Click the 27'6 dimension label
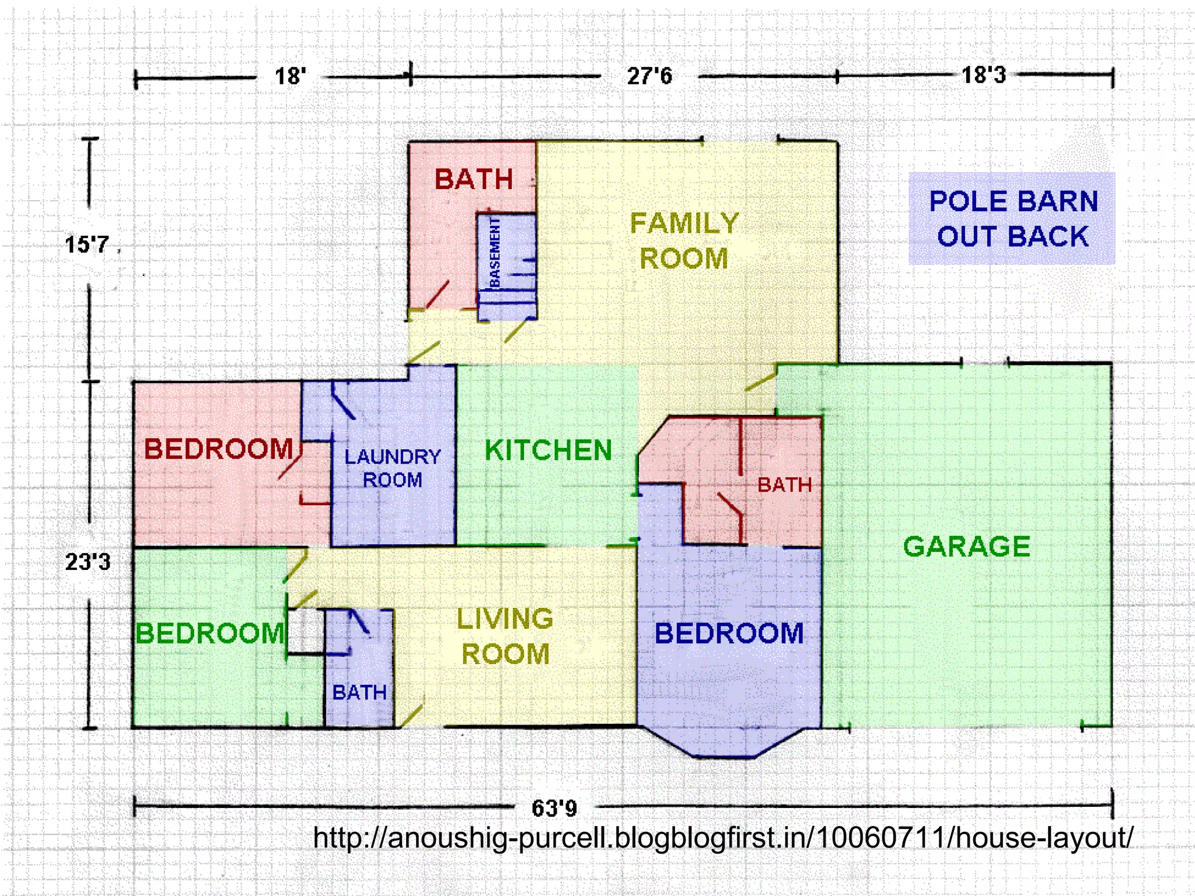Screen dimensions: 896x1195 click(x=649, y=76)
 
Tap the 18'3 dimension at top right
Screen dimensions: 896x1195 click(x=984, y=75)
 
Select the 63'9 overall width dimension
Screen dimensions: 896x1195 click(x=554, y=808)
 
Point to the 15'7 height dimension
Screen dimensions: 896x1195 click(x=87, y=244)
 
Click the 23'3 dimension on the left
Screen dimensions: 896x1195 click(x=88, y=562)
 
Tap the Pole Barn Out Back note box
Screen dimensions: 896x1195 click(x=1012, y=219)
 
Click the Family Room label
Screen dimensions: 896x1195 click(x=684, y=240)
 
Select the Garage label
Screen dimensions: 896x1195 click(x=967, y=547)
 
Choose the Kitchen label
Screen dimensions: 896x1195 click(x=548, y=450)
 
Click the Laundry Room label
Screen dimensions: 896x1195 click(x=393, y=468)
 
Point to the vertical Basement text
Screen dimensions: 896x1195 click(x=495, y=252)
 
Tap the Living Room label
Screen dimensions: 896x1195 click(x=505, y=636)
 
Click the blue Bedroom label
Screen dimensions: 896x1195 click(x=729, y=633)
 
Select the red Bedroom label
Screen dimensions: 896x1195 click(x=218, y=449)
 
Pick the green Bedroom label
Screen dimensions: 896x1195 click(x=209, y=633)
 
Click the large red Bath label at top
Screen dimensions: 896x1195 click(x=473, y=179)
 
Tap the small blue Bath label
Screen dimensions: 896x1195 click(x=359, y=692)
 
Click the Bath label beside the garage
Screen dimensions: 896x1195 click(x=784, y=485)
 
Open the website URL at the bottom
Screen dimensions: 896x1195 click(x=722, y=838)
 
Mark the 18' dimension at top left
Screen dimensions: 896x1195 click(x=290, y=76)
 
